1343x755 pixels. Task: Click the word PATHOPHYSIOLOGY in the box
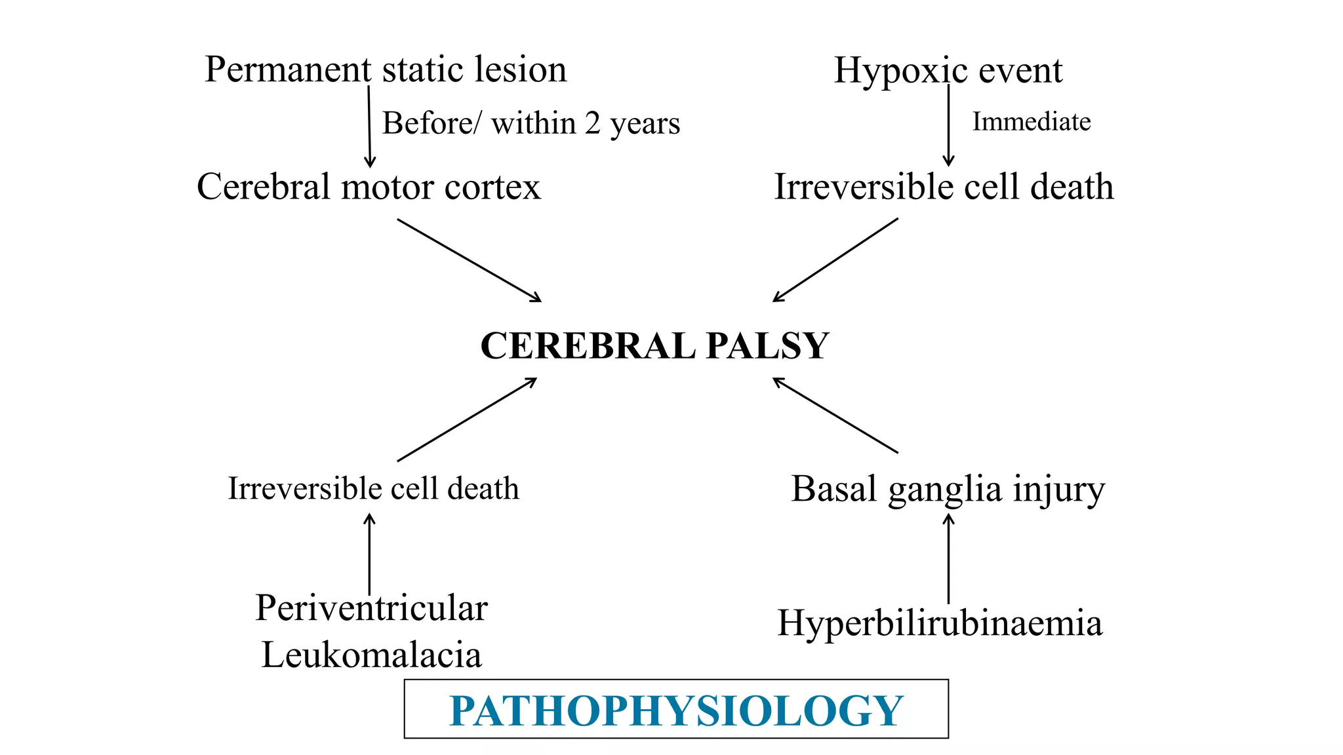tap(676, 710)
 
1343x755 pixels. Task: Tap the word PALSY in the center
tap(767, 345)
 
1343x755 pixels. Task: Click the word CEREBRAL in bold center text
tap(588, 345)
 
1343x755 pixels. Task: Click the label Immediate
tap(1031, 122)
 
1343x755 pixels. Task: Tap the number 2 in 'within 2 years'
tap(592, 123)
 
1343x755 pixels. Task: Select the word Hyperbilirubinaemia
tap(940, 623)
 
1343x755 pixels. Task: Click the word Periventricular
tap(371, 608)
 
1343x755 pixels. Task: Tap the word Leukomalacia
tap(371, 655)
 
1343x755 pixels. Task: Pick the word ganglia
tap(946, 490)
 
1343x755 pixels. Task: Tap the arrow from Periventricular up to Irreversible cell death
tap(369, 554)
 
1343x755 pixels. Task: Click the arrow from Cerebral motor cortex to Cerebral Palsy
tap(470, 260)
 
